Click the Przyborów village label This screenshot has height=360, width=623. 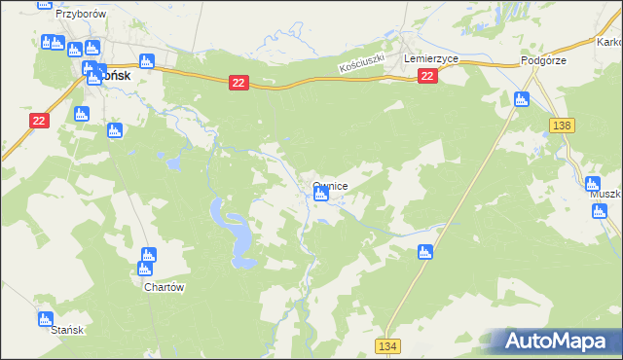coord(80,16)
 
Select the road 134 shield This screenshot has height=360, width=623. coord(389,346)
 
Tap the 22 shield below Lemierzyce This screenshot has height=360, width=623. coord(427,76)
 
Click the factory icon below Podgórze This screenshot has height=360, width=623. coord(521,98)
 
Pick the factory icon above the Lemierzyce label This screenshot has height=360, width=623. coord(409,45)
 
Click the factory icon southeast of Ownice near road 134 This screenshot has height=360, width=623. coord(423,253)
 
